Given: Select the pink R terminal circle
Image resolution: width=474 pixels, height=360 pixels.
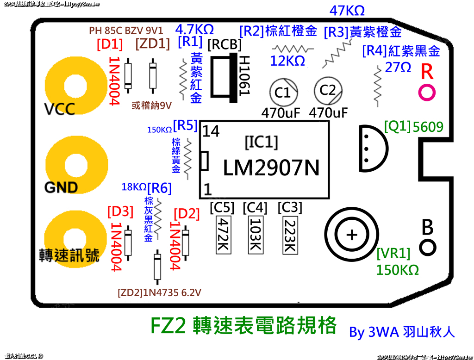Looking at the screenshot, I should tap(427, 92).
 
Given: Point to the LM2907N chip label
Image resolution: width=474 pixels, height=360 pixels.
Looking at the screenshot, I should tap(271, 168).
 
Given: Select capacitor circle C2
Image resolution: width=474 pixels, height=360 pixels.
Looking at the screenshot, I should tap(327, 90).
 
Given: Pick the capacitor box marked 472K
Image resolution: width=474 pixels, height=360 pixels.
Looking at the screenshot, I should tap(223, 235).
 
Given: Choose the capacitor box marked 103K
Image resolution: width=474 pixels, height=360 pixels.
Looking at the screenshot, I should tap(255, 235).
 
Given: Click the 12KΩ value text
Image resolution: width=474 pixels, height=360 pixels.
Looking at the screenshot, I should tap(287, 61).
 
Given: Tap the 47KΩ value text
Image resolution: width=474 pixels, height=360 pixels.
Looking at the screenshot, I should tap(347, 10).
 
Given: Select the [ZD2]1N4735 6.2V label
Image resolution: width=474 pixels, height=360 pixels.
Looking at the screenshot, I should tap(160, 292).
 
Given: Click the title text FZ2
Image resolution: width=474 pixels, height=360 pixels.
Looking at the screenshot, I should tap(169, 326).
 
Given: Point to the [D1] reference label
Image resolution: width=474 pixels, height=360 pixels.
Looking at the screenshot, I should tap(110, 44).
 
